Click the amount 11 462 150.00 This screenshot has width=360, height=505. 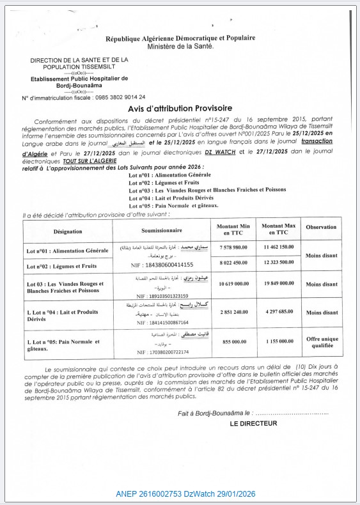click(x=278, y=247)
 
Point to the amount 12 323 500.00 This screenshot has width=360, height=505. click(x=278, y=262)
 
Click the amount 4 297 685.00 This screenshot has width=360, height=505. click(x=278, y=313)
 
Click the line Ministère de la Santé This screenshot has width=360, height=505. click(x=180, y=47)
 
